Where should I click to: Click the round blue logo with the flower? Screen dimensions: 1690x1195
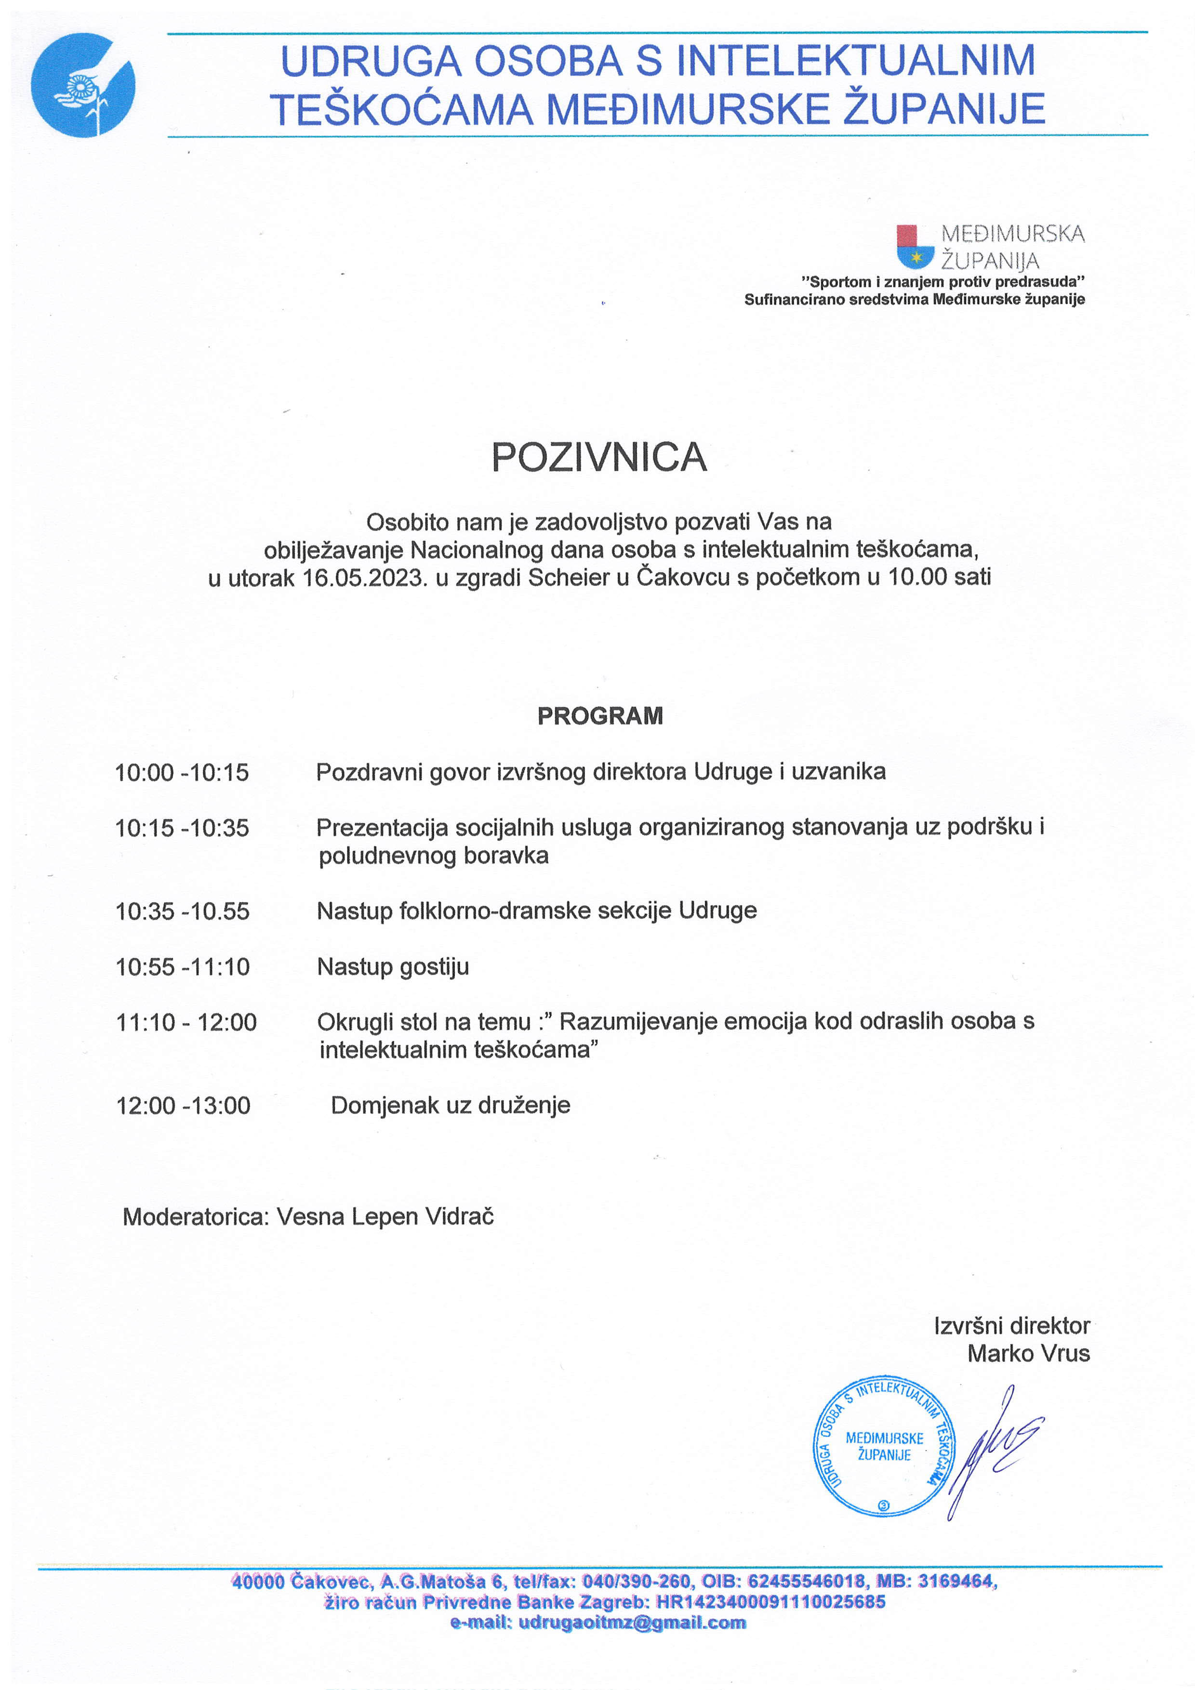click(x=82, y=85)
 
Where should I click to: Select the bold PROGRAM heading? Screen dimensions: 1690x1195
click(x=599, y=715)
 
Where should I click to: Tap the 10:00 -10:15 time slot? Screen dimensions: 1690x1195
click(x=182, y=772)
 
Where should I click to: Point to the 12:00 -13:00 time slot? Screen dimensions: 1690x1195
click(x=183, y=1105)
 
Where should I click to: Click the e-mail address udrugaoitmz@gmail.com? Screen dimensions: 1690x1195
click(x=632, y=1622)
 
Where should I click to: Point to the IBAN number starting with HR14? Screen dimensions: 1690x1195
click(x=770, y=1602)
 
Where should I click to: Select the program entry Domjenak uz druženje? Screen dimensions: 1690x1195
click(x=450, y=1105)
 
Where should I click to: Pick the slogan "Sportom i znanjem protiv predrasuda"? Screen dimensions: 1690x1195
click(x=943, y=282)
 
